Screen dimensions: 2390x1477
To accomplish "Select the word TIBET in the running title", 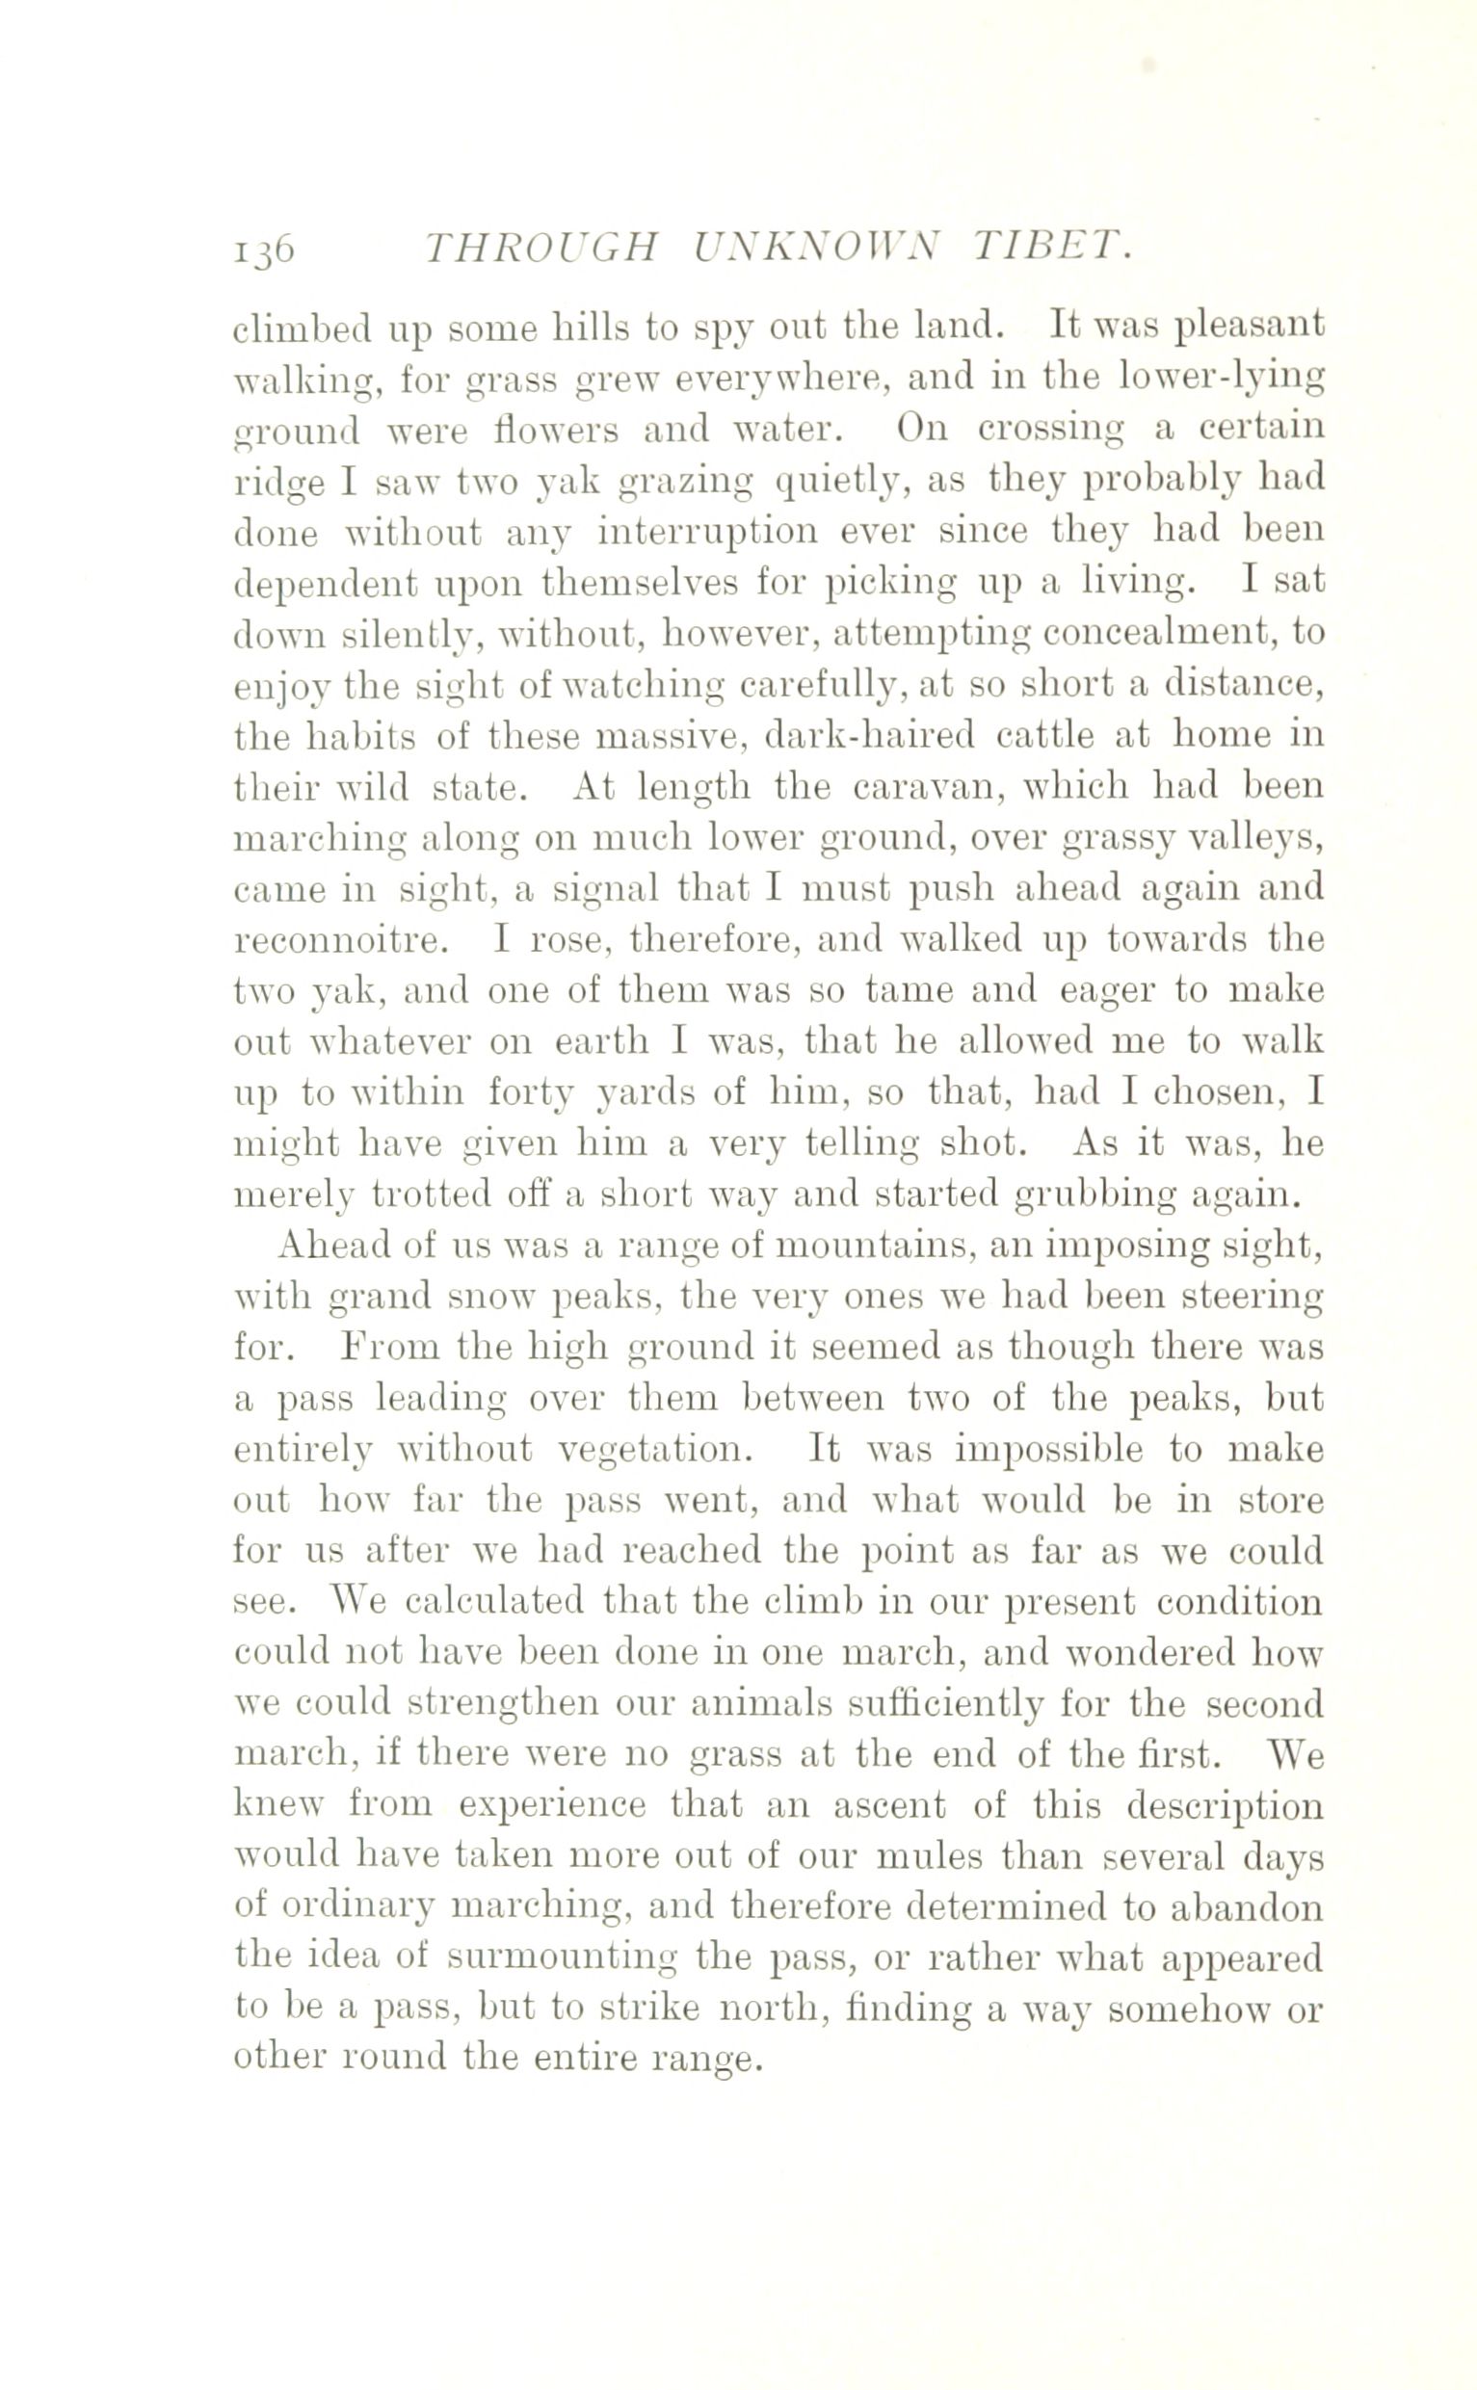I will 1054,250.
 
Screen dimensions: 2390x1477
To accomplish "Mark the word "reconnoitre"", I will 342,940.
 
